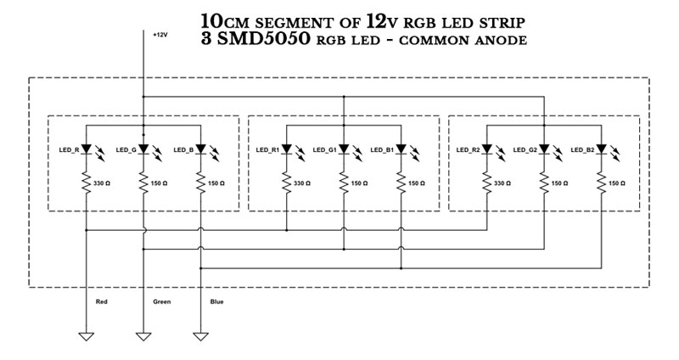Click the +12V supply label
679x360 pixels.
[160, 35]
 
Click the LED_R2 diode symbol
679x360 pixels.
[487, 149]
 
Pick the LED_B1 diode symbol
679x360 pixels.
[401, 149]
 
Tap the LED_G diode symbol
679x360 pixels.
[143, 149]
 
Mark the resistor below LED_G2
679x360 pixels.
[543, 183]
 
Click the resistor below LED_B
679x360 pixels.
[200, 183]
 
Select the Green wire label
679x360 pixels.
[161, 301]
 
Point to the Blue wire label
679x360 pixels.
[216, 301]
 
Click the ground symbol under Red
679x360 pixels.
[87, 336]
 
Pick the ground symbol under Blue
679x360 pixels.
[200, 336]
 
